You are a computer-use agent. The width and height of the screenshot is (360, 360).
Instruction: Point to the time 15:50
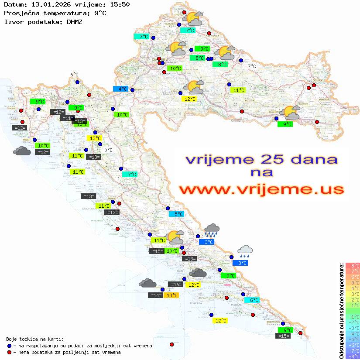tap(119, 4)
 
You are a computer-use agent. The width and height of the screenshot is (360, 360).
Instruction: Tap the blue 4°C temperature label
tap(120, 89)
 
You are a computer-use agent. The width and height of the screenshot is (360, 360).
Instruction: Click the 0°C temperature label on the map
tap(108, 150)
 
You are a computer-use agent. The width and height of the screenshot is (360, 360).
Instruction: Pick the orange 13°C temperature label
tap(172, 295)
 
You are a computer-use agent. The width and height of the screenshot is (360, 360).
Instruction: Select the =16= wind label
tap(176, 285)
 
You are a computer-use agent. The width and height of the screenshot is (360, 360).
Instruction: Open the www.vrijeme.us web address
tap(261, 189)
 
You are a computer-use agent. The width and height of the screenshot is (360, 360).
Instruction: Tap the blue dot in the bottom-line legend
tap(9, 346)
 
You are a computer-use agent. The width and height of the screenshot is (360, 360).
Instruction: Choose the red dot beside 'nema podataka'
tap(9, 352)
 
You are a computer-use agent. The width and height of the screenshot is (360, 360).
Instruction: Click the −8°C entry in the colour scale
tap(353, 356)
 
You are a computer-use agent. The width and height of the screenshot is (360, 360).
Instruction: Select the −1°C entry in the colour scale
tap(353, 316)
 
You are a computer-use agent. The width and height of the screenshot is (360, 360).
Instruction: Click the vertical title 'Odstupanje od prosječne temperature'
tap(341, 310)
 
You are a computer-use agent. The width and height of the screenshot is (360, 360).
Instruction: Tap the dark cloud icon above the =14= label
tap(147, 283)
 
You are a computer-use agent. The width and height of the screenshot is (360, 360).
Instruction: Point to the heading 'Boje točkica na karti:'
tap(35, 339)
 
